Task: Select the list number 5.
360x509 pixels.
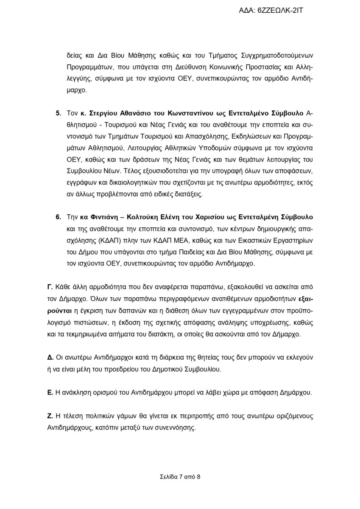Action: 58,114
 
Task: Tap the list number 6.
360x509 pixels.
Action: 58,217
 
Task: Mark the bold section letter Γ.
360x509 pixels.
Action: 50,287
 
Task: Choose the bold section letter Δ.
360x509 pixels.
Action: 50,357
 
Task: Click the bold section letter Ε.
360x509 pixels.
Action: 50,392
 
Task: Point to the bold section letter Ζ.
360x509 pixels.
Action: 50,416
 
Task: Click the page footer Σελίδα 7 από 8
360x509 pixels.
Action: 180,476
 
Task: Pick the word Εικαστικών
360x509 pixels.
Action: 238,241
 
